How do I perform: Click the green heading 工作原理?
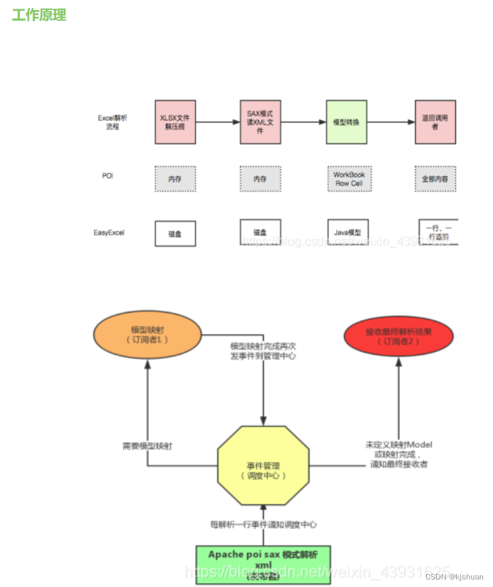click(39, 15)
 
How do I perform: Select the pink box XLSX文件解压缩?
click(175, 122)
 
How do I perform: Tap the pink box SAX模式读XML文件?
click(261, 122)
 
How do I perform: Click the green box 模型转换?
click(346, 122)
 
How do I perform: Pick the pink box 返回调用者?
click(435, 122)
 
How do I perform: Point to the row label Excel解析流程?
click(112, 122)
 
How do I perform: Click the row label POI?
click(108, 176)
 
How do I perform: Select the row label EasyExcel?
click(109, 232)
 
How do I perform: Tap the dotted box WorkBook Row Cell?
click(349, 179)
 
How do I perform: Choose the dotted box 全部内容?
click(435, 179)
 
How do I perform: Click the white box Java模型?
click(348, 232)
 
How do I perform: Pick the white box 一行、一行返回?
click(438, 232)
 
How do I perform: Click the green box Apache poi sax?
click(262, 564)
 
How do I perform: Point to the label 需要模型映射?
click(147, 447)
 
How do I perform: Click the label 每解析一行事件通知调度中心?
click(262, 524)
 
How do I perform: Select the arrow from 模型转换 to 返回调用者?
click(392, 122)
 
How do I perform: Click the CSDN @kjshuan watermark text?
click(454, 576)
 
